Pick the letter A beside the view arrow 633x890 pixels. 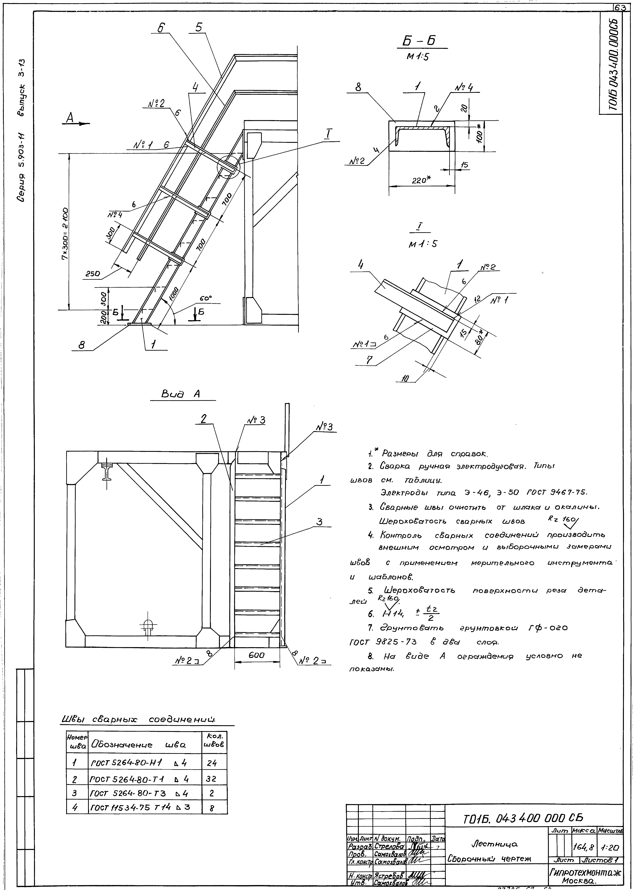(70, 118)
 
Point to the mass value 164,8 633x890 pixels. (583, 846)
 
